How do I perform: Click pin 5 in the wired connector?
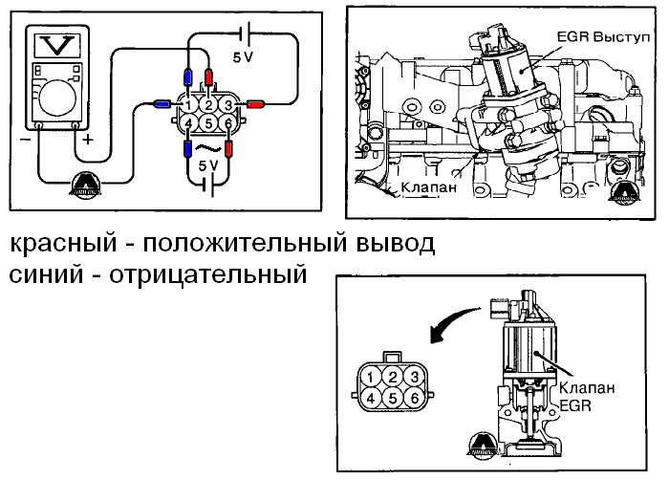(x=208, y=123)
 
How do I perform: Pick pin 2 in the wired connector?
(x=208, y=104)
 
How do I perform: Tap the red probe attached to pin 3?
(x=255, y=103)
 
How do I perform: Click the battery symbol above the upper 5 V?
(x=246, y=34)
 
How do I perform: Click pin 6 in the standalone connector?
(x=412, y=397)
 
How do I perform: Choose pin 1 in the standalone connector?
(x=369, y=376)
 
